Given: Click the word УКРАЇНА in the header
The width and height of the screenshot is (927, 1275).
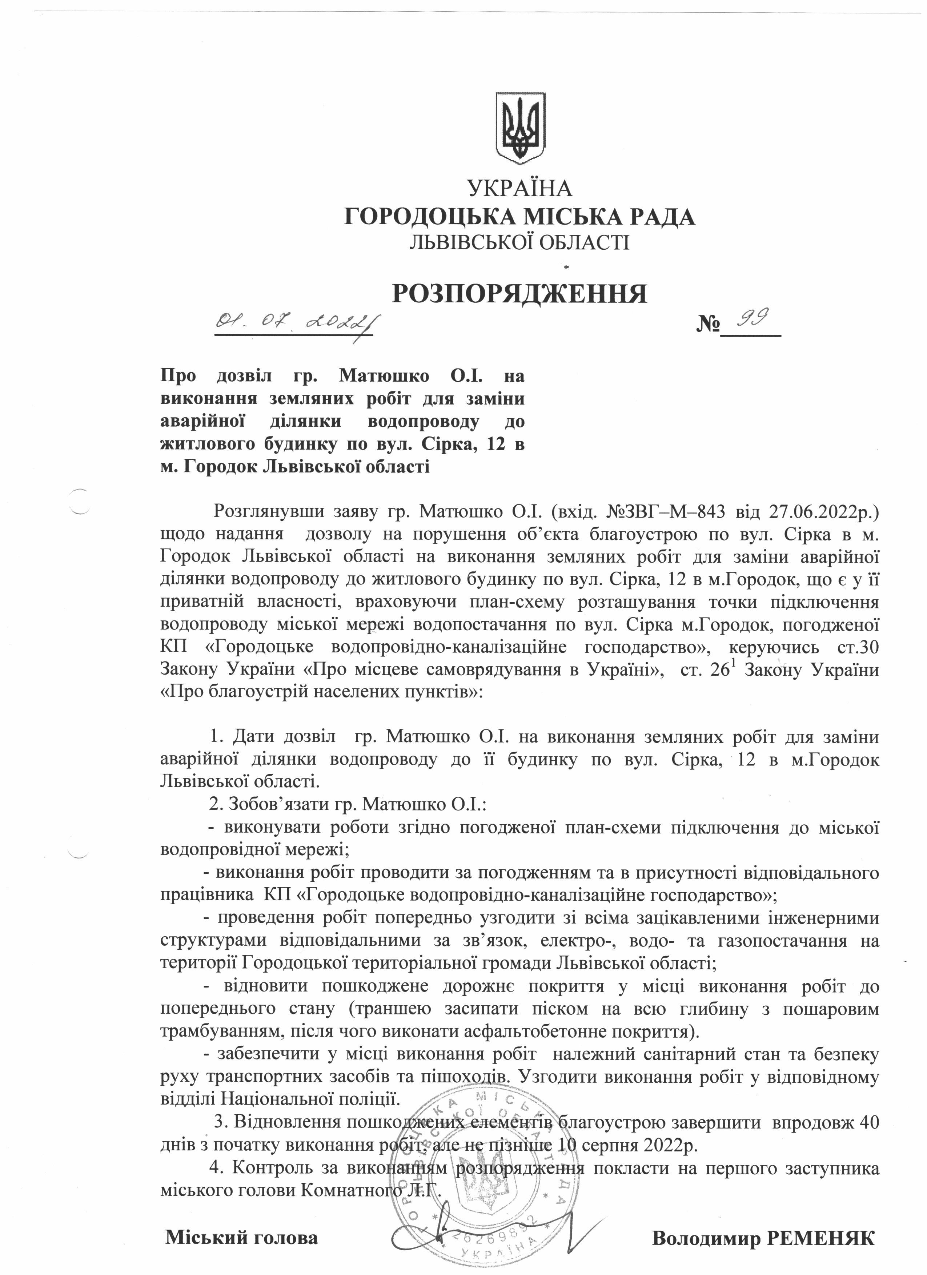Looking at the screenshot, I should pos(519,188).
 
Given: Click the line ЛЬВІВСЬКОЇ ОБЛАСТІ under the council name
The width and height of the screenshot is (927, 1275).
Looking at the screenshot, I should pos(519,242).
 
